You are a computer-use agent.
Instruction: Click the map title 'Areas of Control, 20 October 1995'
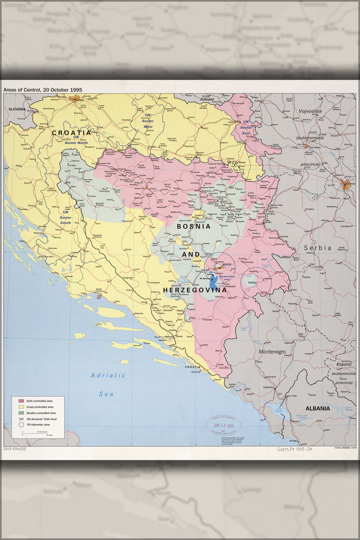pyautogui.click(x=43, y=89)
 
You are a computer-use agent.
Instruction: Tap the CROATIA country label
pyautogui.click(x=72, y=132)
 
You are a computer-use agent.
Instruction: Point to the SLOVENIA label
pyautogui.click(x=17, y=109)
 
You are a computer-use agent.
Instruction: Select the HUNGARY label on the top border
pyautogui.click(x=207, y=99)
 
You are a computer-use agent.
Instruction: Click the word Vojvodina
pyautogui.click(x=310, y=111)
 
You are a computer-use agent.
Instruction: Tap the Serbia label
pyautogui.click(x=317, y=247)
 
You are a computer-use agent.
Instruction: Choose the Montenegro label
pyautogui.click(x=271, y=352)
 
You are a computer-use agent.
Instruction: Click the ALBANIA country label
pyautogui.click(x=317, y=409)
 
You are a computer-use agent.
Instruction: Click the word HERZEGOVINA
pyautogui.click(x=195, y=290)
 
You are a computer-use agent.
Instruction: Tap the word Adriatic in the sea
pyautogui.click(x=108, y=375)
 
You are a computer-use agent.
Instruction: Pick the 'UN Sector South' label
pyautogui.click(x=66, y=217)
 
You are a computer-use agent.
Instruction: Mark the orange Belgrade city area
pyautogui.click(x=346, y=185)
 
